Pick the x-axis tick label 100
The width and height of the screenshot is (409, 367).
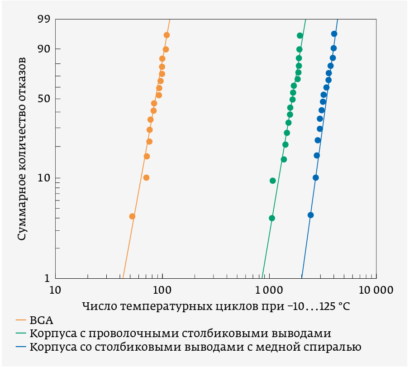162,290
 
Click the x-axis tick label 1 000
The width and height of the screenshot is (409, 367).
269,290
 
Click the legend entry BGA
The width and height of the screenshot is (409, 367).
42,320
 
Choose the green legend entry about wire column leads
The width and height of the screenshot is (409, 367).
181,334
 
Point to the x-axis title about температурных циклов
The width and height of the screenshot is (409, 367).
216,306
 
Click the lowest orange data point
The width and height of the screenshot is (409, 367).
132,216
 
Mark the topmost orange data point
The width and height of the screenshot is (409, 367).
166,35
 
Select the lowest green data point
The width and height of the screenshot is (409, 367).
272,218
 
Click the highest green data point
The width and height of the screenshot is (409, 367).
300,35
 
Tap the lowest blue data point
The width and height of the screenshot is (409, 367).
310,215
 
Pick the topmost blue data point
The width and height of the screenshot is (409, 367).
334,33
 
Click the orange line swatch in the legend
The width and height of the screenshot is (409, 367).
21,320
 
